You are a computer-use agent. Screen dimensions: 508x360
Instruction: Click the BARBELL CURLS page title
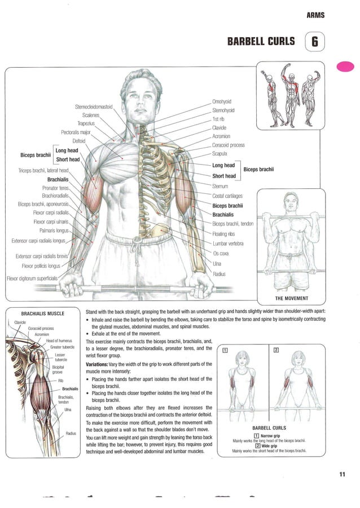click(261, 41)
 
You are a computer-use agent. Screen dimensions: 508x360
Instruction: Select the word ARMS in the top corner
click(315, 15)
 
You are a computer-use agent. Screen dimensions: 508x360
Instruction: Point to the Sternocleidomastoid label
click(94, 107)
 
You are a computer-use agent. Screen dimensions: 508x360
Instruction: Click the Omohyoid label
click(222, 101)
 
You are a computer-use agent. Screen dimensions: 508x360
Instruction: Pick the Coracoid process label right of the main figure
click(228, 145)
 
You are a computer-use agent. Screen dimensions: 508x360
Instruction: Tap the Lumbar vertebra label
click(227, 244)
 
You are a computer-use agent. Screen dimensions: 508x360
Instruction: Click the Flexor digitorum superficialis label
click(32, 278)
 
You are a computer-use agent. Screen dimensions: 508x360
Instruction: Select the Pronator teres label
click(55, 188)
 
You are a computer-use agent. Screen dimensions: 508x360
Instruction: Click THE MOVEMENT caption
click(291, 298)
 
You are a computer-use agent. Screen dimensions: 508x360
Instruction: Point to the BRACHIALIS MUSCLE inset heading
click(42, 313)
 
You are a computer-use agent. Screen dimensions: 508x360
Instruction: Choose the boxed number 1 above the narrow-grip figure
click(226, 350)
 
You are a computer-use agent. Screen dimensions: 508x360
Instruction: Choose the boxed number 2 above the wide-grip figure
click(276, 350)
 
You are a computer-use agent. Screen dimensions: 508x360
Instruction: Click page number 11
click(342, 474)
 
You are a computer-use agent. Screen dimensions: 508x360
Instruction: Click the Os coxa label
click(221, 254)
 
